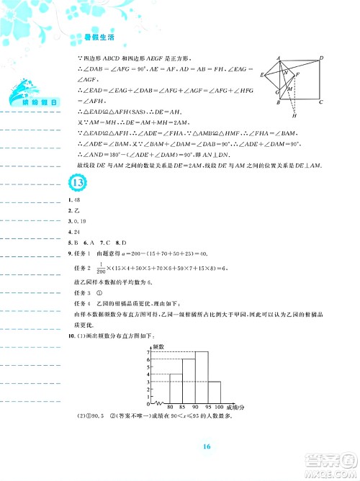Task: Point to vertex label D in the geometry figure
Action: click(x=321, y=57)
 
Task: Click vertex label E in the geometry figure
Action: click(x=264, y=73)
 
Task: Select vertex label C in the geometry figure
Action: click(x=321, y=103)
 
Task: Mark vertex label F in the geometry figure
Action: click(x=298, y=73)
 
